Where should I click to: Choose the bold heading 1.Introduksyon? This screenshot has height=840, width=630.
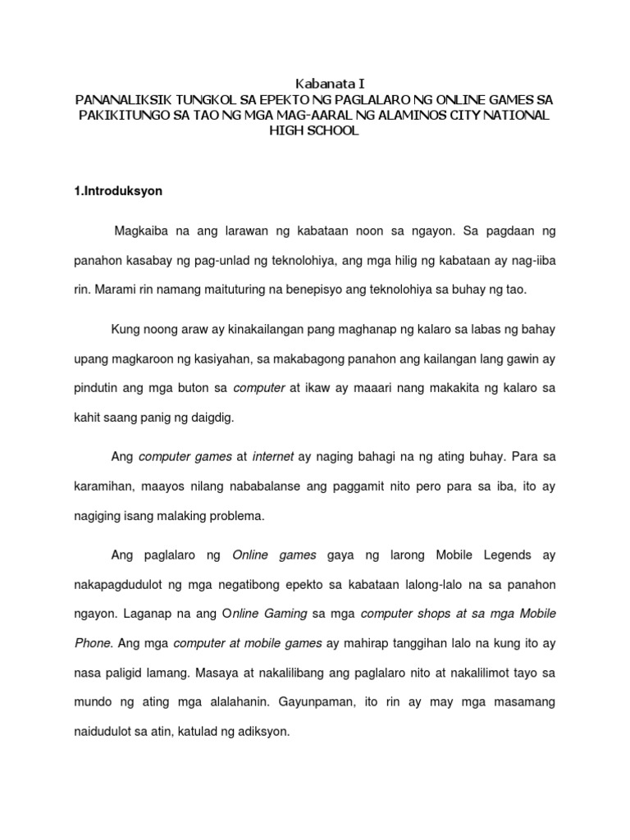click(x=118, y=190)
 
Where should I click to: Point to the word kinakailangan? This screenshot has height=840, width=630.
click(x=235, y=330)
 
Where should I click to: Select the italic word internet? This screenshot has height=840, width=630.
click(x=273, y=456)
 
